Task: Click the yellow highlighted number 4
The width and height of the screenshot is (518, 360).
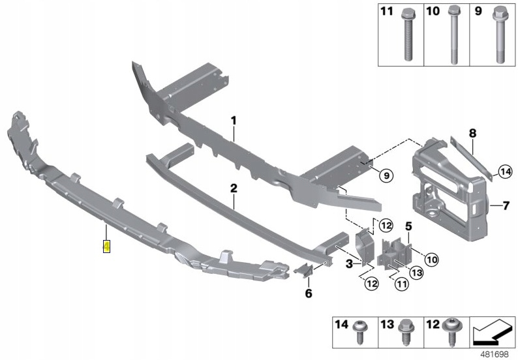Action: click(x=106, y=247)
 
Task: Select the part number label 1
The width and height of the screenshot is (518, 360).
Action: click(x=233, y=121)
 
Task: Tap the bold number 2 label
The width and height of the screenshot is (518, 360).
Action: click(x=233, y=189)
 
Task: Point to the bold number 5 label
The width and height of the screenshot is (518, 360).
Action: click(x=408, y=227)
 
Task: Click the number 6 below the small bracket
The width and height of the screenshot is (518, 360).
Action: click(x=309, y=293)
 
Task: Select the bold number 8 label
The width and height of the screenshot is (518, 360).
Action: click(x=472, y=133)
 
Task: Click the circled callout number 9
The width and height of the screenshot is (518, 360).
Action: click(x=385, y=175)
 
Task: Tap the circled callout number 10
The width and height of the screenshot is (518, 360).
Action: click(x=431, y=260)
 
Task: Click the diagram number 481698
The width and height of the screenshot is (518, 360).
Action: click(x=495, y=353)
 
